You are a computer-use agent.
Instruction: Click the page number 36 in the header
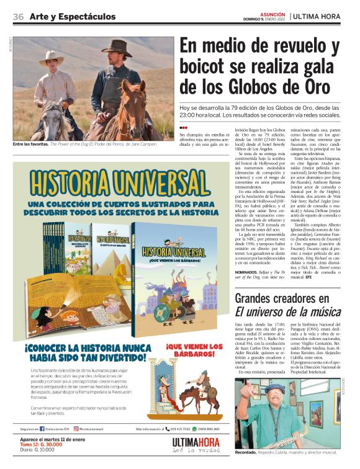click(x=18, y=16)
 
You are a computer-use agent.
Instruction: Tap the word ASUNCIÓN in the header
click(x=273, y=13)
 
